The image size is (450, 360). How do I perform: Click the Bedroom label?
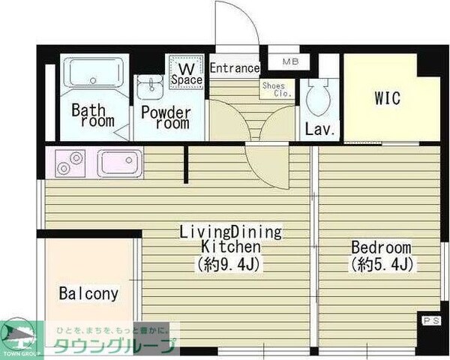point(380,248)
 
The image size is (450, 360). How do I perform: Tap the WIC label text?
point(387,98)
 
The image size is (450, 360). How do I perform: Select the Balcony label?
point(88,294)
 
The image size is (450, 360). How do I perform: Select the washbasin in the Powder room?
point(151,88)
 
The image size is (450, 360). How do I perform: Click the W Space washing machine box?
point(186,72)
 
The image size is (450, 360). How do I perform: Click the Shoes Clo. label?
point(274,89)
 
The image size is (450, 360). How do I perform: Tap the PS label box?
point(431,320)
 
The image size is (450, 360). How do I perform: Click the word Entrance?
point(234,68)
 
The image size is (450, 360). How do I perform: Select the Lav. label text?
point(318,129)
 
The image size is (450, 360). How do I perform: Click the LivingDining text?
point(230,232)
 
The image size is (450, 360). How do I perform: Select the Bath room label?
point(92,115)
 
